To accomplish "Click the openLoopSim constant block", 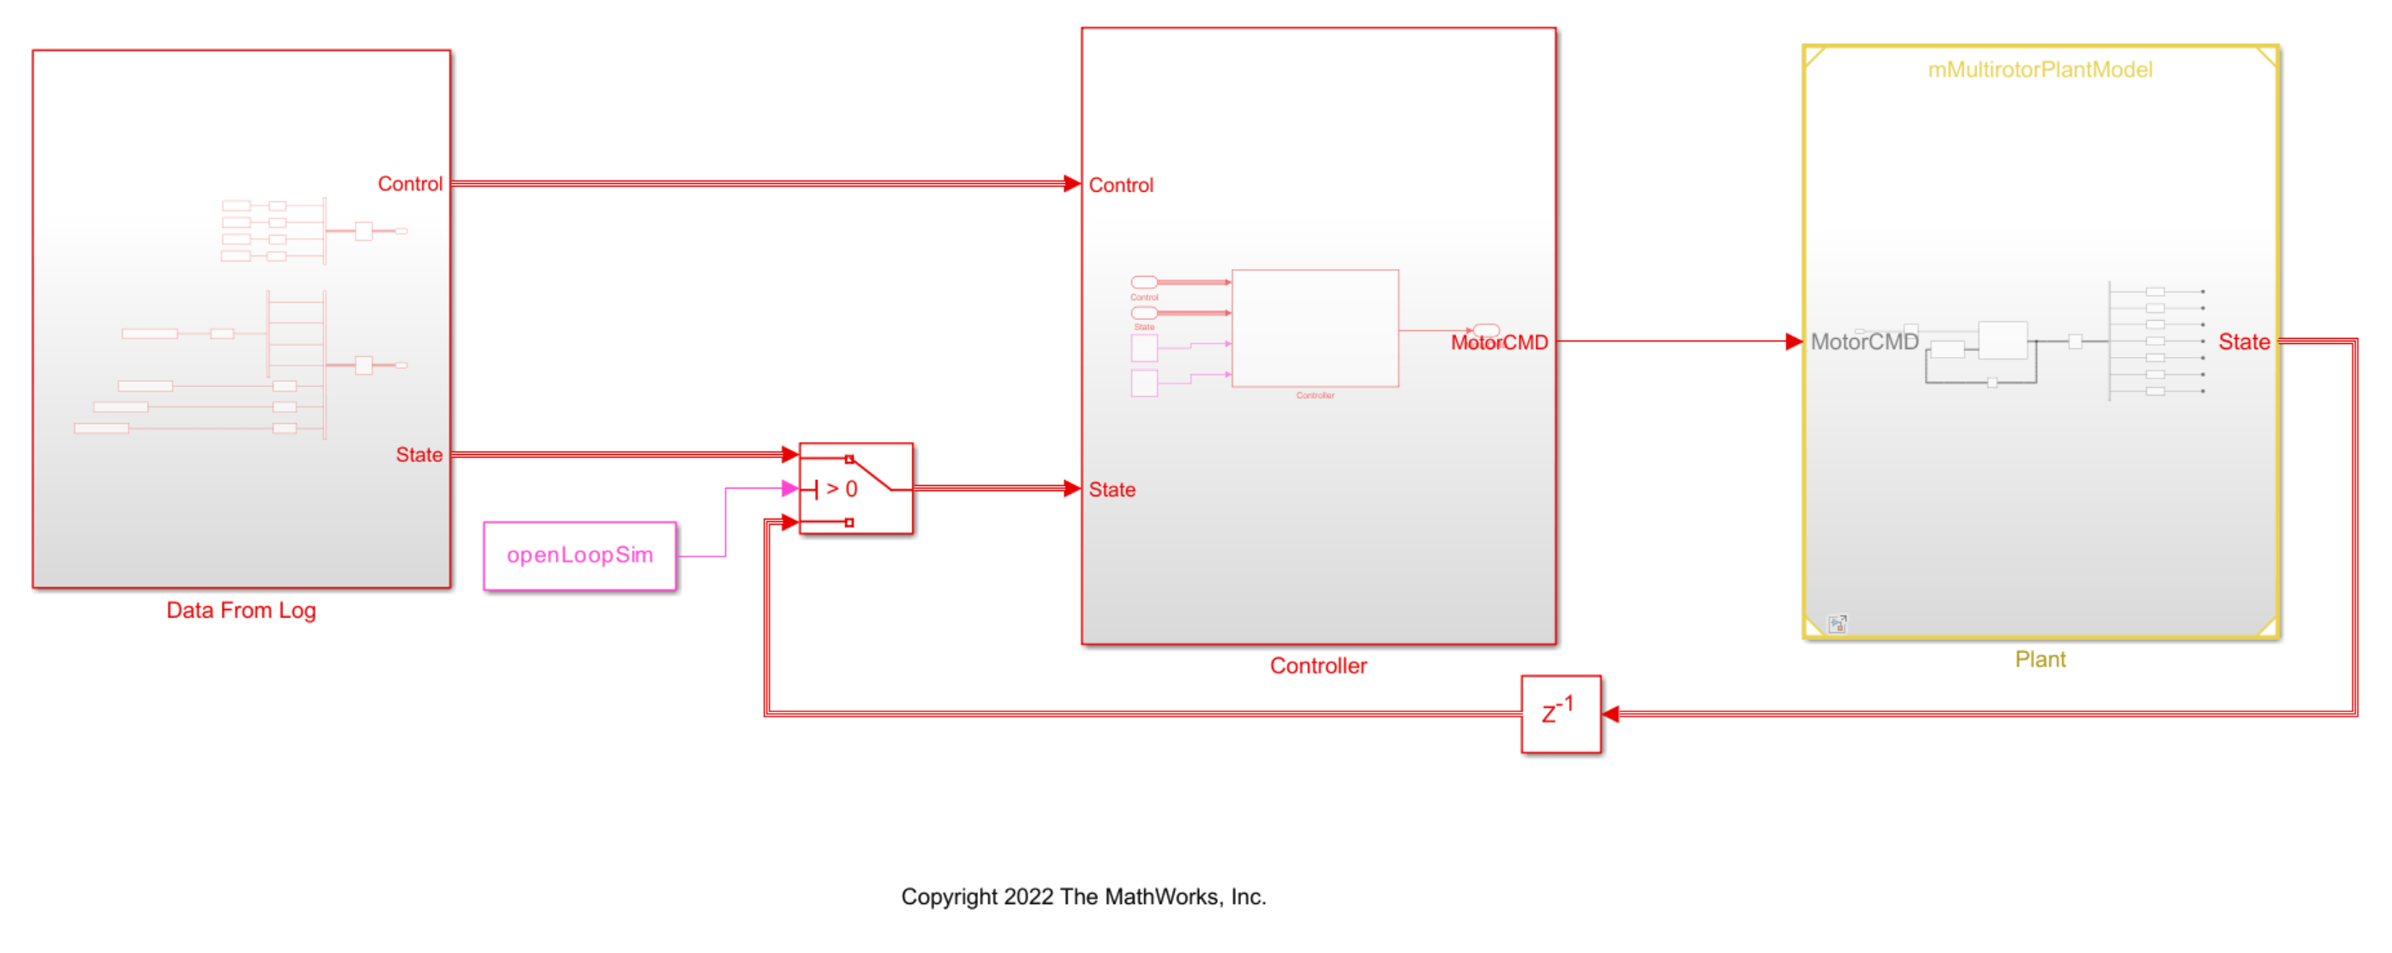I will click(x=579, y=556).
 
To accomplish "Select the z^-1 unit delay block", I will click(x=1560, y=713).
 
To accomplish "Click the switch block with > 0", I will click(x=855, y=489).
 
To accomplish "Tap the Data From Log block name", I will click(x=242, y=611).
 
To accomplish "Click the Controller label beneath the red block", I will click(x=1318, y=666).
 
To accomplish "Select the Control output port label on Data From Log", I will click(x=409, y=184).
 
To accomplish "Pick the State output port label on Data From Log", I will click(x=419, y=455).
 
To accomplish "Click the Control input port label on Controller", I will click(x=1121, y=186).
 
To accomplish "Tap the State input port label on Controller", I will click(x=1111, y=489).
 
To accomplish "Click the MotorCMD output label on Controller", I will click(x=1499, y=342).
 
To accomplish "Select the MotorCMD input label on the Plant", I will click(x=1863, y=341).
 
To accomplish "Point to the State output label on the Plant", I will click(x=2243, y=341).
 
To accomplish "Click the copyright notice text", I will click(x=1083, y=896).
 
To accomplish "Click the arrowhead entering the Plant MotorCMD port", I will click(x=1793, y=341).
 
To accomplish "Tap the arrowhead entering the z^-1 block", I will click(x=1611, y=713).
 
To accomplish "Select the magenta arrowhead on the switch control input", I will click(x=790, y=489).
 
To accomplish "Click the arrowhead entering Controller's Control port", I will click(x=1072, y=184).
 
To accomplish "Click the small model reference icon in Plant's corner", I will click(x=1837, y=624).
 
